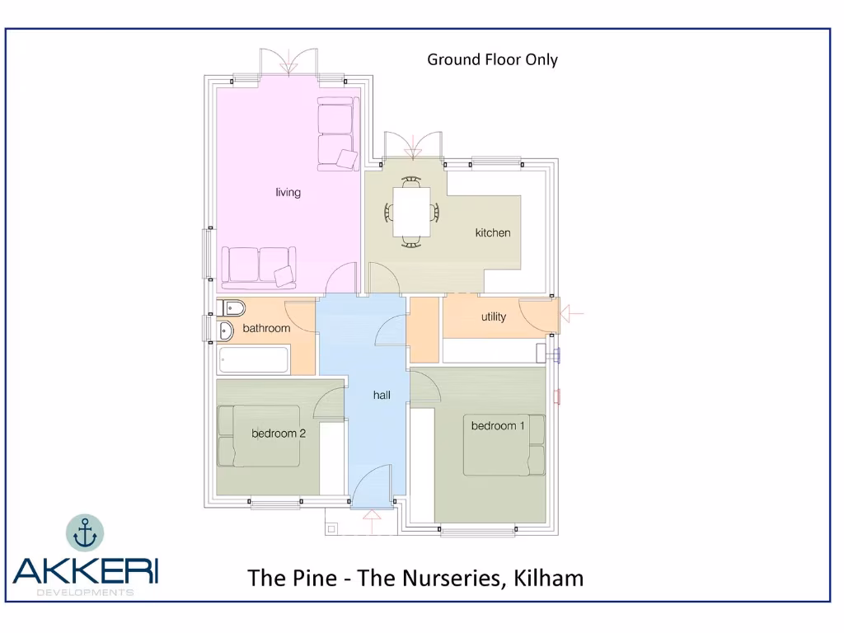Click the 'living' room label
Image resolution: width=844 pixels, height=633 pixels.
tap(288, 193)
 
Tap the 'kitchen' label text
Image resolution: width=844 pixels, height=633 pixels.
tap(493, 233)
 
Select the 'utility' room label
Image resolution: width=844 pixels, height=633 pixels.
tap(494, 317)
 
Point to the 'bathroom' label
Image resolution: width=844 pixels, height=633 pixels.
tap(266, 329)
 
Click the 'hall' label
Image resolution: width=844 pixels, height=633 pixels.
tap(382, 396)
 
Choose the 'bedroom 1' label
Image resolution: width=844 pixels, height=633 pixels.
tap(498, 426)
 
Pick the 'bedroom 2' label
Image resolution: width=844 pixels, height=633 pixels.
tap(279, 434)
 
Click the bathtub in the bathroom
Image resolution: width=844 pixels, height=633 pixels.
tap(254, 360)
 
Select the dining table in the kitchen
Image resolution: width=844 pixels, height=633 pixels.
tap(411, 210)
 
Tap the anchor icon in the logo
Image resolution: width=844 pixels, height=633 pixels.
tap(85, 533)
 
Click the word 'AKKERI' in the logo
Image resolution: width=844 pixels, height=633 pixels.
tap(85, 571)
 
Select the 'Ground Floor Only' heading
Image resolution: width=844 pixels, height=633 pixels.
tap(492, 59)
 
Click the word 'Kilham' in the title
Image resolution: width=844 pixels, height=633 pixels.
tap(548, 578)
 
